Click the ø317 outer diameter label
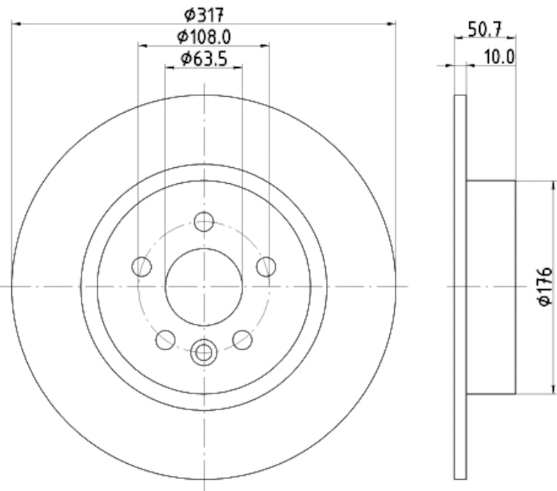[203, 13]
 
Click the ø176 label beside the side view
[545, 286]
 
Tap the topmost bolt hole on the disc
[203, 222]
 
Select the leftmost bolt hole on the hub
[142, 266]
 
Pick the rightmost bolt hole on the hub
[266, 266]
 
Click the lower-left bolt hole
[166, 340]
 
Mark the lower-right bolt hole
[242, 340]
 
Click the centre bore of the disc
[203, 286]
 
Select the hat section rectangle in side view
[490, 286]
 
